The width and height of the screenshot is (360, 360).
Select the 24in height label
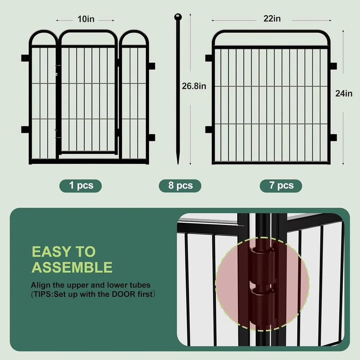(344, 94)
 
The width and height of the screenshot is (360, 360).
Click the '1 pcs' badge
(81, 185)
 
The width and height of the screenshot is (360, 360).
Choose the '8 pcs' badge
(180, 185)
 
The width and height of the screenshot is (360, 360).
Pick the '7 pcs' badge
(281, 185)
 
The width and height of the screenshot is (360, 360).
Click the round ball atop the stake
(177, 18)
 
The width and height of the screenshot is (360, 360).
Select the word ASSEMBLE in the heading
(72, 268)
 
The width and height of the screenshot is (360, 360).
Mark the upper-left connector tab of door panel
(25, 58)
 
